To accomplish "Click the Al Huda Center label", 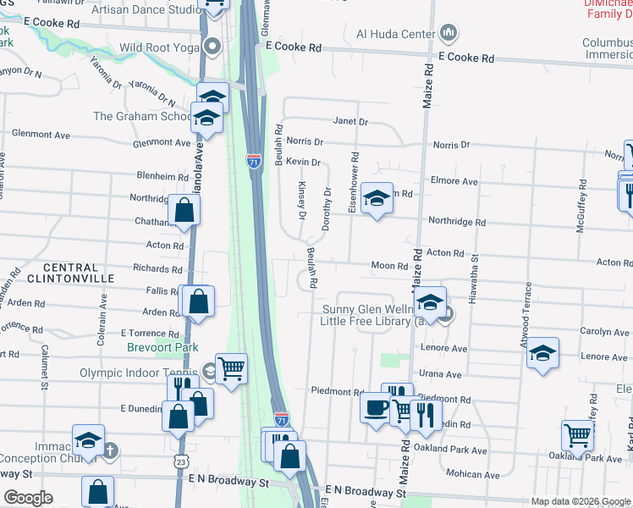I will coord(396,35).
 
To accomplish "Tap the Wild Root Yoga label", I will coord(158,47).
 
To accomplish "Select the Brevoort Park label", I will coord(162,347).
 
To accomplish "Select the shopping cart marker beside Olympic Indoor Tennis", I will coord(230,368).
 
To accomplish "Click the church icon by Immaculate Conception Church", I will coord(110,450).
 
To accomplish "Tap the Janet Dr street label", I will coord(350,122).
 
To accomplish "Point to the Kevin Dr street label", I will coord(303,162).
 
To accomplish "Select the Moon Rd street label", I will coord(389,266).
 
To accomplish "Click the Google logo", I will coord(29,498).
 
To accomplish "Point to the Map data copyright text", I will coord(581,501).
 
